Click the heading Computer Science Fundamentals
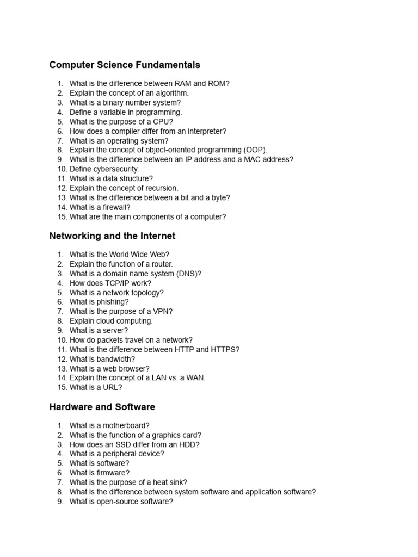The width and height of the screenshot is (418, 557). tap(125, 65)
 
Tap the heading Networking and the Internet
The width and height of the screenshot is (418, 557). tap(112, 236)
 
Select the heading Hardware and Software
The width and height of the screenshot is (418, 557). tap(102, 407)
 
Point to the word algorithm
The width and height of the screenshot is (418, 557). tap(170, 93)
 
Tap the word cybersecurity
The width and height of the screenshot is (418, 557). tap(115, 169)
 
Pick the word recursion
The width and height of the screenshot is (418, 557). tap(158, 188)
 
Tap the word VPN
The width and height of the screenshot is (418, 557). tap(162, 311)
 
